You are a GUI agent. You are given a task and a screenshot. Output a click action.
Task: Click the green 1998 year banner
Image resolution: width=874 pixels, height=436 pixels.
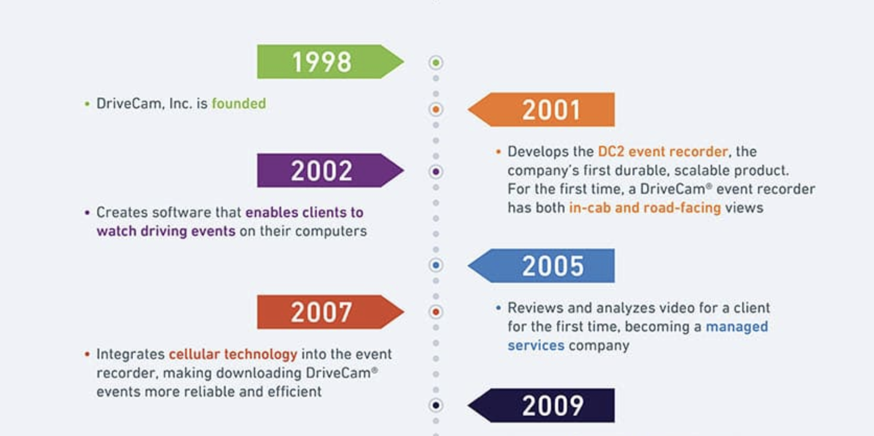[330, 62]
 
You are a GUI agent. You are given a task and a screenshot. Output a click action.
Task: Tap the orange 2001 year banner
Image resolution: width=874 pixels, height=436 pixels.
[541, 110]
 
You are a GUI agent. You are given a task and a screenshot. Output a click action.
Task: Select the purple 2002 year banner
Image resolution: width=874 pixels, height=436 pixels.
[330, 170]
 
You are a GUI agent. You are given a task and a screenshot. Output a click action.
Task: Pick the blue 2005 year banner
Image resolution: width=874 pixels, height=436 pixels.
[541, 266]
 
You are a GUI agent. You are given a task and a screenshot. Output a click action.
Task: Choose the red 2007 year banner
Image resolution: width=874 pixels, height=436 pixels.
[330, 312]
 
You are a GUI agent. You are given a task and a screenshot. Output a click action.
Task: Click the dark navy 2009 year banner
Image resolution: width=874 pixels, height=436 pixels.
[541, 406]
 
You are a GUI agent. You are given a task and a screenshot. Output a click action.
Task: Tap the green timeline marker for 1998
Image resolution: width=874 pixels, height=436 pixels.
[436, 62]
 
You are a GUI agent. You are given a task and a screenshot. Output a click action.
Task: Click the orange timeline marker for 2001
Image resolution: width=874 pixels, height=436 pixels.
[436, 109]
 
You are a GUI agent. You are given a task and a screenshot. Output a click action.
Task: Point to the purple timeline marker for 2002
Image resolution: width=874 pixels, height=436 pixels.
[436, 171]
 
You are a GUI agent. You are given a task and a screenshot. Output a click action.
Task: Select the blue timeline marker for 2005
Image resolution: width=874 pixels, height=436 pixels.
[436, 265]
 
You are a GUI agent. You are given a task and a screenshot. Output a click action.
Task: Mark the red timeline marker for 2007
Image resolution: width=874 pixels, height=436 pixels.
[436, 312]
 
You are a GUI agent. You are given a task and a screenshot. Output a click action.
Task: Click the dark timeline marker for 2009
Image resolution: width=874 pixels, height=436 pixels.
[436, 405]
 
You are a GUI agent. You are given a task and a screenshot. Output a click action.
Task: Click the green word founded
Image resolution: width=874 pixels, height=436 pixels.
[239, 104]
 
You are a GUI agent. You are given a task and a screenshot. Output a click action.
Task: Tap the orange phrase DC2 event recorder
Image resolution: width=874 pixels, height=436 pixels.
[663, 152]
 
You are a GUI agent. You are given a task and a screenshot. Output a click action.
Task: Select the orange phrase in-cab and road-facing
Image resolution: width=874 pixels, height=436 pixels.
[645, 208]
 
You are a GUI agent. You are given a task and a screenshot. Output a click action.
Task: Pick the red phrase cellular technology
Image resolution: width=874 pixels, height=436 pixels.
[233, 354]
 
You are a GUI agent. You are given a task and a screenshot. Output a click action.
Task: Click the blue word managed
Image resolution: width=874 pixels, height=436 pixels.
[737, 327]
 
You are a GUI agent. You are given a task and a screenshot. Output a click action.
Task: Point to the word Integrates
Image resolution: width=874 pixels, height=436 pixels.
[130, 354]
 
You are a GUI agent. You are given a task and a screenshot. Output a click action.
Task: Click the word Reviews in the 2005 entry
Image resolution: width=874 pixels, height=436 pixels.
[535, 307]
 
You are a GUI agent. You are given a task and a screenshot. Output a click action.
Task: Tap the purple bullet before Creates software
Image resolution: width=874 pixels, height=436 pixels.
[87, 212]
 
